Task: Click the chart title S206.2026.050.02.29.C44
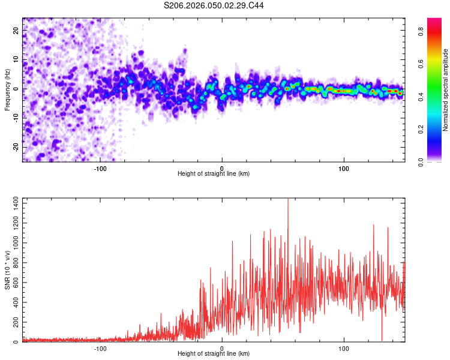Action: point(214,5)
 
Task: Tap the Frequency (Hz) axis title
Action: point(7,89)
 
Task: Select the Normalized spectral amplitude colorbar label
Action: point(446,89)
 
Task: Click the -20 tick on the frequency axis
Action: point(16,147)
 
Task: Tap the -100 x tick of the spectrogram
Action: point(100,168)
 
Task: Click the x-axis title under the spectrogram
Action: point(214,174)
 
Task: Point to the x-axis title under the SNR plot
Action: point(214,354)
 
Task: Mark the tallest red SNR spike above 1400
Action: point(288,200)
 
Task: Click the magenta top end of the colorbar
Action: point(434,20)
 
